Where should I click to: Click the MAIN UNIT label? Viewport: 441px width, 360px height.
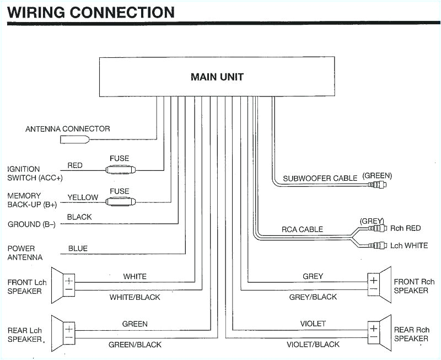point(217,77)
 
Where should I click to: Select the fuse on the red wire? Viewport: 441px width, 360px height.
point(119,170)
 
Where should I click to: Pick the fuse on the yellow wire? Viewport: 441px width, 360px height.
point(119,201)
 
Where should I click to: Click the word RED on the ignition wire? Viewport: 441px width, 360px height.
point(75,165)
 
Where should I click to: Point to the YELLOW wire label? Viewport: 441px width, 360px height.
point(83,197)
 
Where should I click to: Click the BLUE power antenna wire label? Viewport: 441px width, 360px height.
point(78,249)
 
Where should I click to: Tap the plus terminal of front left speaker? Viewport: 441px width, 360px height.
point(69,281)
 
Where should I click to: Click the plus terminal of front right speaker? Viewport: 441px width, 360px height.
point(373,281)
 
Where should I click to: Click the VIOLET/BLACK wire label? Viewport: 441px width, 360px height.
point(313,345)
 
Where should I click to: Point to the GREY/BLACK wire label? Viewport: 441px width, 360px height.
point(313,297)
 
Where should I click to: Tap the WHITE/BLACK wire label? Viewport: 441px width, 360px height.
point(135,297)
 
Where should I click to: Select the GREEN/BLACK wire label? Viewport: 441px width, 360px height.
point(135,345)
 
